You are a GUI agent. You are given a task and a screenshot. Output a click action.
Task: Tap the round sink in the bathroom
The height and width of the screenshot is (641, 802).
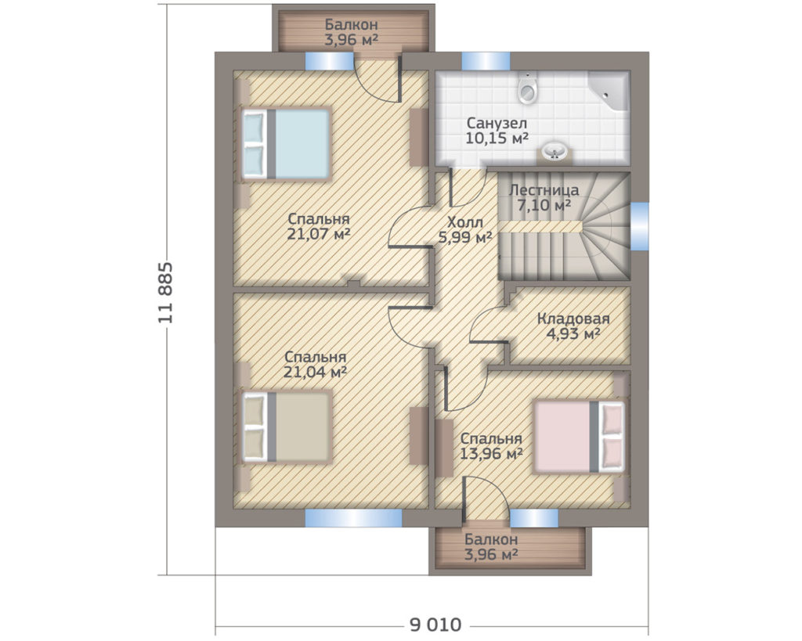pos(554,151)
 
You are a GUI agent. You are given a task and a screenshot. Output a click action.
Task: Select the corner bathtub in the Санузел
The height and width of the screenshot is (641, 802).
pos(608,91)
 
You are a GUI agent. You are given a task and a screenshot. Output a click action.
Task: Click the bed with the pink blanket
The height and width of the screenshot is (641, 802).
pos(579,437)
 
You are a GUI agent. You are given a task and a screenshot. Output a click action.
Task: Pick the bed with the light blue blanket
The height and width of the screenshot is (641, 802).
pos(285,144)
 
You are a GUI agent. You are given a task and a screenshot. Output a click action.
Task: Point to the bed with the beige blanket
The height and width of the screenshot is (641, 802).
pos(285,427)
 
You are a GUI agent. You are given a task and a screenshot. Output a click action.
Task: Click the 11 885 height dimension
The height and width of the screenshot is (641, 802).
pos(165,293)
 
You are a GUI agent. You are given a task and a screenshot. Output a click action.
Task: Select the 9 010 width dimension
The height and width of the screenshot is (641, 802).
pos(435,625)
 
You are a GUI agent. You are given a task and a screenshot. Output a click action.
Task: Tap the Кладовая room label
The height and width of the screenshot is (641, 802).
pos(573,319)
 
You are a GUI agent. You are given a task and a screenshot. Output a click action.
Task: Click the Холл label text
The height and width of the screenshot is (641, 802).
pos(465,222)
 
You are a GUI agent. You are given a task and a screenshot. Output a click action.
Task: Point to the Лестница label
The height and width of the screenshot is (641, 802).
pos(544,190)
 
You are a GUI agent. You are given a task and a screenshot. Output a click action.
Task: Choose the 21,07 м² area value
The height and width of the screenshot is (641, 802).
pos(319,234)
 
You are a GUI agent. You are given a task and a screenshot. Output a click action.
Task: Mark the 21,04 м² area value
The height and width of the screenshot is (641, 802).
pos(315,372)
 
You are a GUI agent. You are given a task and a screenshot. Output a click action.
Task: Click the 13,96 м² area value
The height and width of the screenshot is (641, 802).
pos(491,453)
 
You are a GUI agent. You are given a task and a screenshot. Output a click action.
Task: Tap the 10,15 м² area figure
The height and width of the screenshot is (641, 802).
pos(497,138)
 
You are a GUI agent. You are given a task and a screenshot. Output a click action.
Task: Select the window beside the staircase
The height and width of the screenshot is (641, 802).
pos(639,226)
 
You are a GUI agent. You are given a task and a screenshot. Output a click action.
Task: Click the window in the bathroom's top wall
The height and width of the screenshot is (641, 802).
pos(486,61)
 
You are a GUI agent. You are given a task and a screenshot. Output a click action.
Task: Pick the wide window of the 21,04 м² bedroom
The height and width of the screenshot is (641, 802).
pos(353,518)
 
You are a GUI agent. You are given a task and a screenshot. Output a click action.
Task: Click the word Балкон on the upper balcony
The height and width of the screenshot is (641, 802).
pos(352,24)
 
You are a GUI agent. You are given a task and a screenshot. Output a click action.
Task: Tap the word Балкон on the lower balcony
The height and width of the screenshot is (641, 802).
pos(491,539)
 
